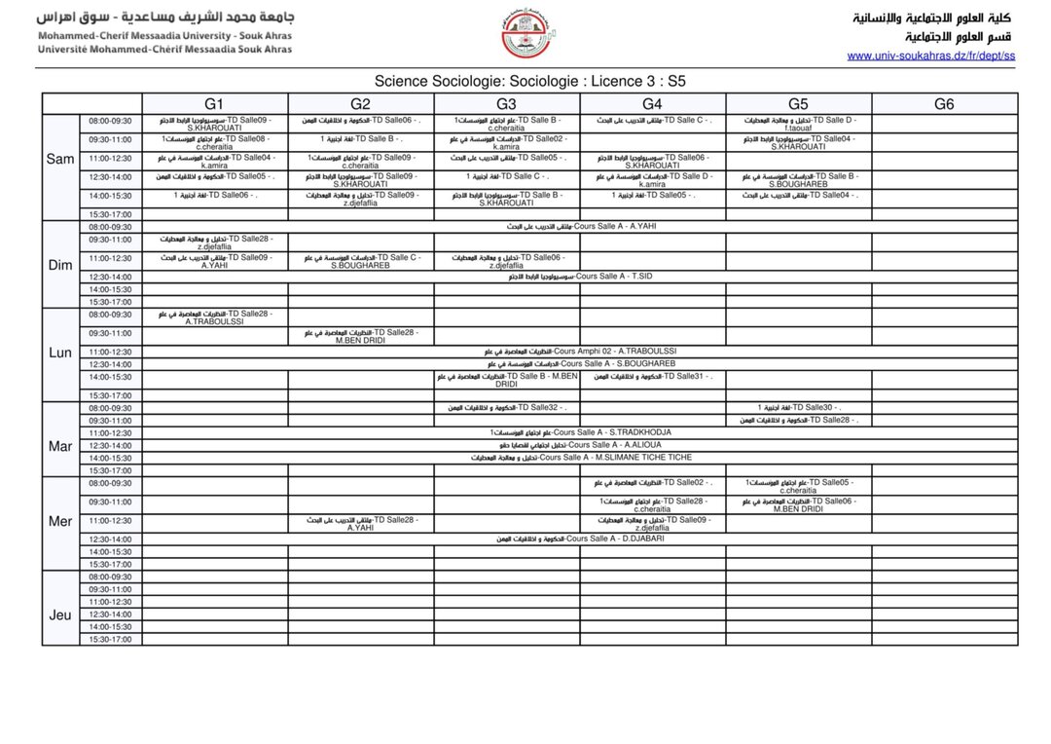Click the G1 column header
214,104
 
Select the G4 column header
652,104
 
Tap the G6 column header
944,104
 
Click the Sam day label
60,159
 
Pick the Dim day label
60,265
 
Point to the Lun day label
60,353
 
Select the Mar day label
60,446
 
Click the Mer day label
60,521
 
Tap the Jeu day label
60,614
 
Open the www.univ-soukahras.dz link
930,56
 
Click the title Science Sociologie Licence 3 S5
530,82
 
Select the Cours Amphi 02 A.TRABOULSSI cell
580,352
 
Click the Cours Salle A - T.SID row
580,277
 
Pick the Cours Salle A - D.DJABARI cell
580,539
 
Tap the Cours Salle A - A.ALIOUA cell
580,445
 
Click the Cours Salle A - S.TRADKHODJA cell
580,432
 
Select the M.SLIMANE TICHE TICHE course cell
580,458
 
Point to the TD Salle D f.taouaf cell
798,124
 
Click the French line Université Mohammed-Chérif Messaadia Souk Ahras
163,49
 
